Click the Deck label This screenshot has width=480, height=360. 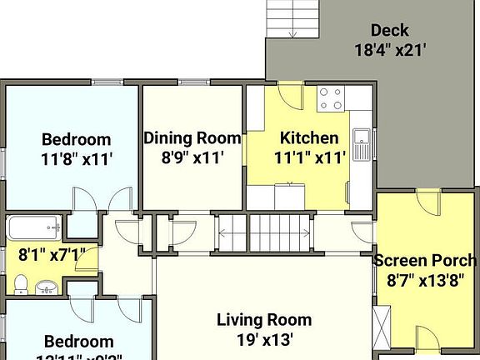click(x=390, y=31)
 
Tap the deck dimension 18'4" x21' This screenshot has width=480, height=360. click(x=390, y=49)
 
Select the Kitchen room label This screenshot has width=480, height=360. click(x=309, y=137)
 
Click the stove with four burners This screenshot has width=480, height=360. click(x=331, y=99)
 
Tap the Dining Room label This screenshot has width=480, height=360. click(x=192, y=137)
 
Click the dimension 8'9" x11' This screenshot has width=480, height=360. click(x=192, y=157)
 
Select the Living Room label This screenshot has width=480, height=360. click(x=264, y=319)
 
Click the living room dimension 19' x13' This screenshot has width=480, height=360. click(x=264, y=339)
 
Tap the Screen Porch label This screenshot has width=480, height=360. click(x=425, y=260)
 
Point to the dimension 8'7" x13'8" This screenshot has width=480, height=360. click(x=425, y=280)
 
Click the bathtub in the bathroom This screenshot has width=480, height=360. click(x=33, y=227)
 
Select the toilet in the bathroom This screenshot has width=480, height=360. click(x=21, y=283)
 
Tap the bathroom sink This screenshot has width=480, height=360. click(x=47, y=288)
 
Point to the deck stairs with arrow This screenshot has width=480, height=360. click(x=293, y=18)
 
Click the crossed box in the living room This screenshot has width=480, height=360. click(x=382, y=327)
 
